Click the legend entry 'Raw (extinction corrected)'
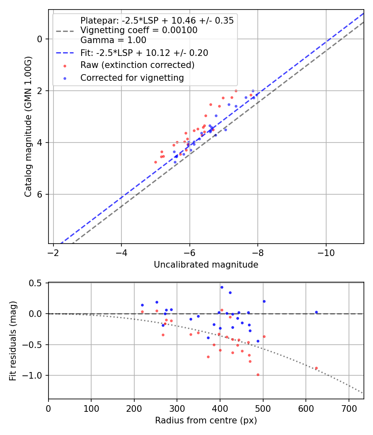137,65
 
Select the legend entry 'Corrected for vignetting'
132,77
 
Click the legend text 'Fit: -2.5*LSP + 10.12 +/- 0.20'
144,53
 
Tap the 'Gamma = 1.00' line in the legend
113,40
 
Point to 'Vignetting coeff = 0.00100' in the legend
139,30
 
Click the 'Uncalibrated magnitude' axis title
206,264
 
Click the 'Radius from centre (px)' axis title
206,420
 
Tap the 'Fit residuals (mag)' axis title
13,341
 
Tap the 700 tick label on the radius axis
349,408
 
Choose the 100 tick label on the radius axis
91,408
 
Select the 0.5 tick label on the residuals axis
37,283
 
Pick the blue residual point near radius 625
316,312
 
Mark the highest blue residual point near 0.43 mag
222,287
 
